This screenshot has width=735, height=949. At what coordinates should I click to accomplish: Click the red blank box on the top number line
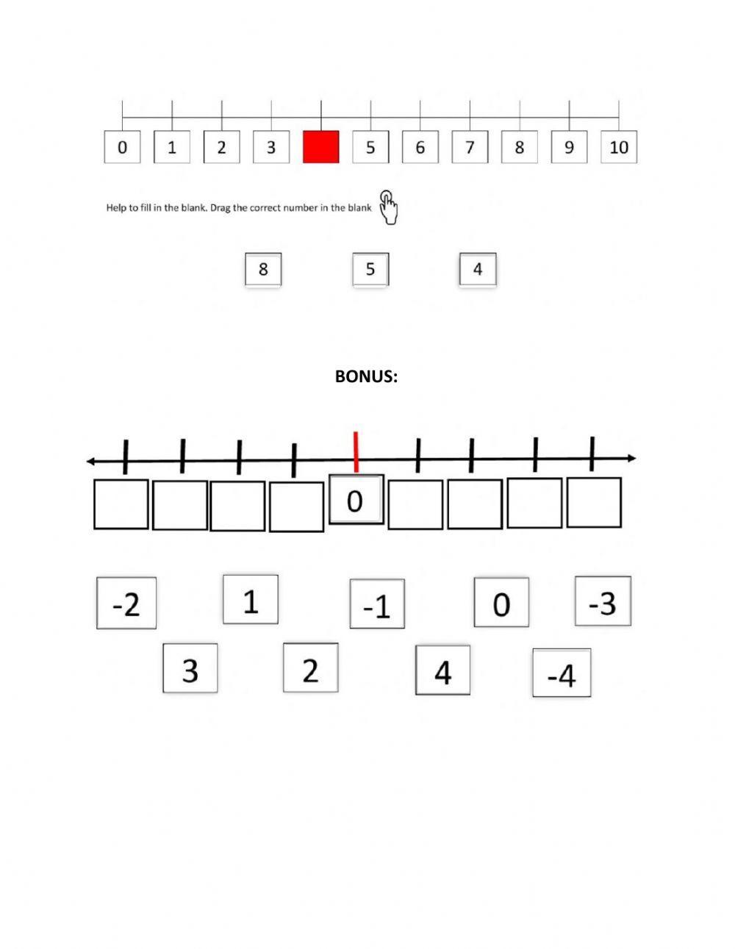pos(321,147)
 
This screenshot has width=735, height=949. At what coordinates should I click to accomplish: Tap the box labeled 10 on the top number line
pos(619,147)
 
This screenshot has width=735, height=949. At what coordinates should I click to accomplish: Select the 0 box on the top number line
pos(122,147)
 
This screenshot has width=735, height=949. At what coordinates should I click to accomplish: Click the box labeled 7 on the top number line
pos(470,147)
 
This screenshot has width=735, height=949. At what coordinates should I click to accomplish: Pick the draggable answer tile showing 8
pos(263,270)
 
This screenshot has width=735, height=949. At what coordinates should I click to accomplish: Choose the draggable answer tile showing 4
pos(478,270)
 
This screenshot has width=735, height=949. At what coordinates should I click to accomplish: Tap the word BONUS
pos(366,376)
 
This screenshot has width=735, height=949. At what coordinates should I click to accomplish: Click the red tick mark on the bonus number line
pos(356,451)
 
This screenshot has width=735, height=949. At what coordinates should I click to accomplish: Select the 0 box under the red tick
pos(356,500)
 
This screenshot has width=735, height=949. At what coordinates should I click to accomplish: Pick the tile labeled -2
pos(126,604)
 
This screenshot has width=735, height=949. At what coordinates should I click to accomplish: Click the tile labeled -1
pos(377,604)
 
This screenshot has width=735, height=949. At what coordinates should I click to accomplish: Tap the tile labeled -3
pos(603,601)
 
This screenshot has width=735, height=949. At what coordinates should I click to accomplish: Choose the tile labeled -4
pos(562,673)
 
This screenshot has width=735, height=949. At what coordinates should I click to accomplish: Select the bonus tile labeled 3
pos(190,668)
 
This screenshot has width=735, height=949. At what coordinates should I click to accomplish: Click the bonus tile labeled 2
pos(311,668)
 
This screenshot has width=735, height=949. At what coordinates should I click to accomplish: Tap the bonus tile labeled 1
pos(251,600)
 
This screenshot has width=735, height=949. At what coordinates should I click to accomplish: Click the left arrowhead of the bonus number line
pos(90,462)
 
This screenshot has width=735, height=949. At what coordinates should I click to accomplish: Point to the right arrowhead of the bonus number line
pos(631,459)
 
